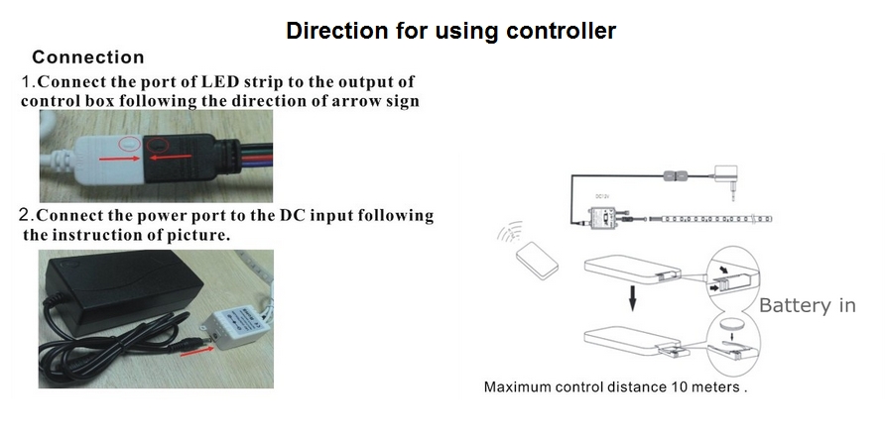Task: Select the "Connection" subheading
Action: coord(88,56)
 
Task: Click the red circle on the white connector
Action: coord(129,145)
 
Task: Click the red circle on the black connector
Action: coord(158,146)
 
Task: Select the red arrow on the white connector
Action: coord(120,159)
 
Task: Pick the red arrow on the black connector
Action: coord(171,158)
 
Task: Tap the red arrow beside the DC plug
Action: coord(197,351)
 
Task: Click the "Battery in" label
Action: coord(807,305)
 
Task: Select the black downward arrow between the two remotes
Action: coord(633,297)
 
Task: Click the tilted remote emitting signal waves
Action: coord(537,261)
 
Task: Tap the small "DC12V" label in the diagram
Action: coord(602,197)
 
